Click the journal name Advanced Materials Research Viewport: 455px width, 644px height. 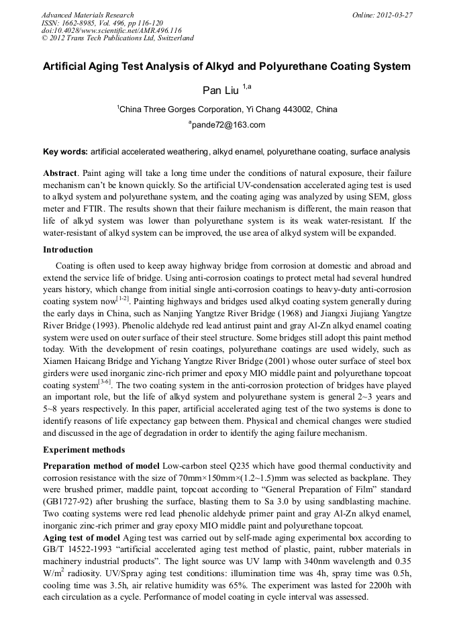pyautogui.click(x=87, y=15)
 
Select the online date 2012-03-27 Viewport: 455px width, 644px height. pyautogui.click(x=393, y=15)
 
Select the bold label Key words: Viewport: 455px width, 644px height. pyautogui.click(x=65, y=152)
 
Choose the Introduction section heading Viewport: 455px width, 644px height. pyautogui.click(x=68, y=250)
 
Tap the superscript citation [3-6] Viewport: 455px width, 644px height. pyautogui.click(x=104, y=383)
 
